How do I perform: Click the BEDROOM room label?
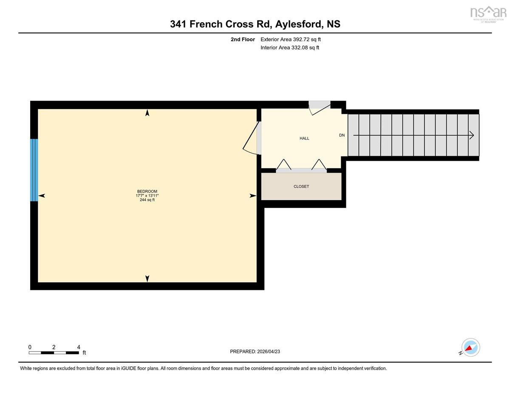point(147,191)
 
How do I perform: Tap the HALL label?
point(304,139)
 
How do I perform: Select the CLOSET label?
point(301,187)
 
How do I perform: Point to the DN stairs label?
point(342,135)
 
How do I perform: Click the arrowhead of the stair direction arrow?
point(472,136)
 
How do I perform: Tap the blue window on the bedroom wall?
point(34,170)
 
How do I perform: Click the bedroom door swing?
point(252,138)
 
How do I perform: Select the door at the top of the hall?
point(319,108)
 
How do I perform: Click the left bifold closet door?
point(284,164)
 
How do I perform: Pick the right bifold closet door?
point(319,164)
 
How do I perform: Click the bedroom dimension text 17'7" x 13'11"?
point(147,196)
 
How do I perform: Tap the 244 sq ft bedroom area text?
point(147,200)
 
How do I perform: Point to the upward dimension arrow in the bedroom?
point(147,113)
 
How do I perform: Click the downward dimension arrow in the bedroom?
point(147,278)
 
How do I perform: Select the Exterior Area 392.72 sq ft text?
point(291,40)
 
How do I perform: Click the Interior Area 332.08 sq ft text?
point(290,48)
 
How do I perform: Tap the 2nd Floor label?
point(243,40)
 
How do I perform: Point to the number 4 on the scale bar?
point(79,347)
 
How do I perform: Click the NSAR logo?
point(488,14)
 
